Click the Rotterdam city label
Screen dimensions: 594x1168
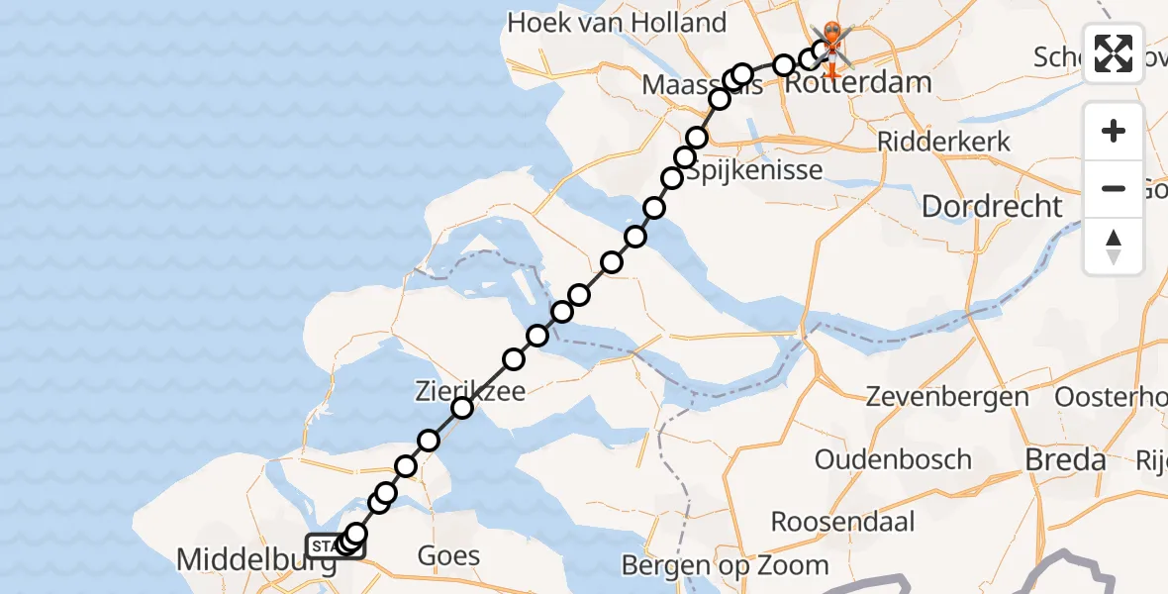pyautogui.click(x=858, y=82)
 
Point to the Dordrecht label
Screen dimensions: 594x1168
pyautogui.click(x=993, y=207)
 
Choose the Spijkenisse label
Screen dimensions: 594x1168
pyautogui.click(x=756, y=170)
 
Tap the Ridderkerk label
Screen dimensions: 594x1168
pyautogui.click(x=943, y=141)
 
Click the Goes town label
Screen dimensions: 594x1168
pyautogui.click(x=449, y=555)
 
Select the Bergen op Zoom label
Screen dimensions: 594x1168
pyautogui.click(x=725, y=565)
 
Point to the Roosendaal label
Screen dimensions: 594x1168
pyautogui.click(x=842, y=522)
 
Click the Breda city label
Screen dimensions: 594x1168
pyautogui.click(x=1065, y=460)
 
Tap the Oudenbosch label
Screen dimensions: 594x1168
pyautogui.click(x=893, y=459)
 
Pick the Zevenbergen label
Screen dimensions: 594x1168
pyautogui.click(x=947, y=397)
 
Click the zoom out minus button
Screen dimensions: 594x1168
pyautogui.click(x=1114, y=189)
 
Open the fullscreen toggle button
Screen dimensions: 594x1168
pyautogui.click(x=1114, y=52)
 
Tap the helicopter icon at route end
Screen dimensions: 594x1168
pyautogui.click(x=829, y=46)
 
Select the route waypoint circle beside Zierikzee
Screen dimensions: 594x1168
pyautogui.click(x=462, y=408)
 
